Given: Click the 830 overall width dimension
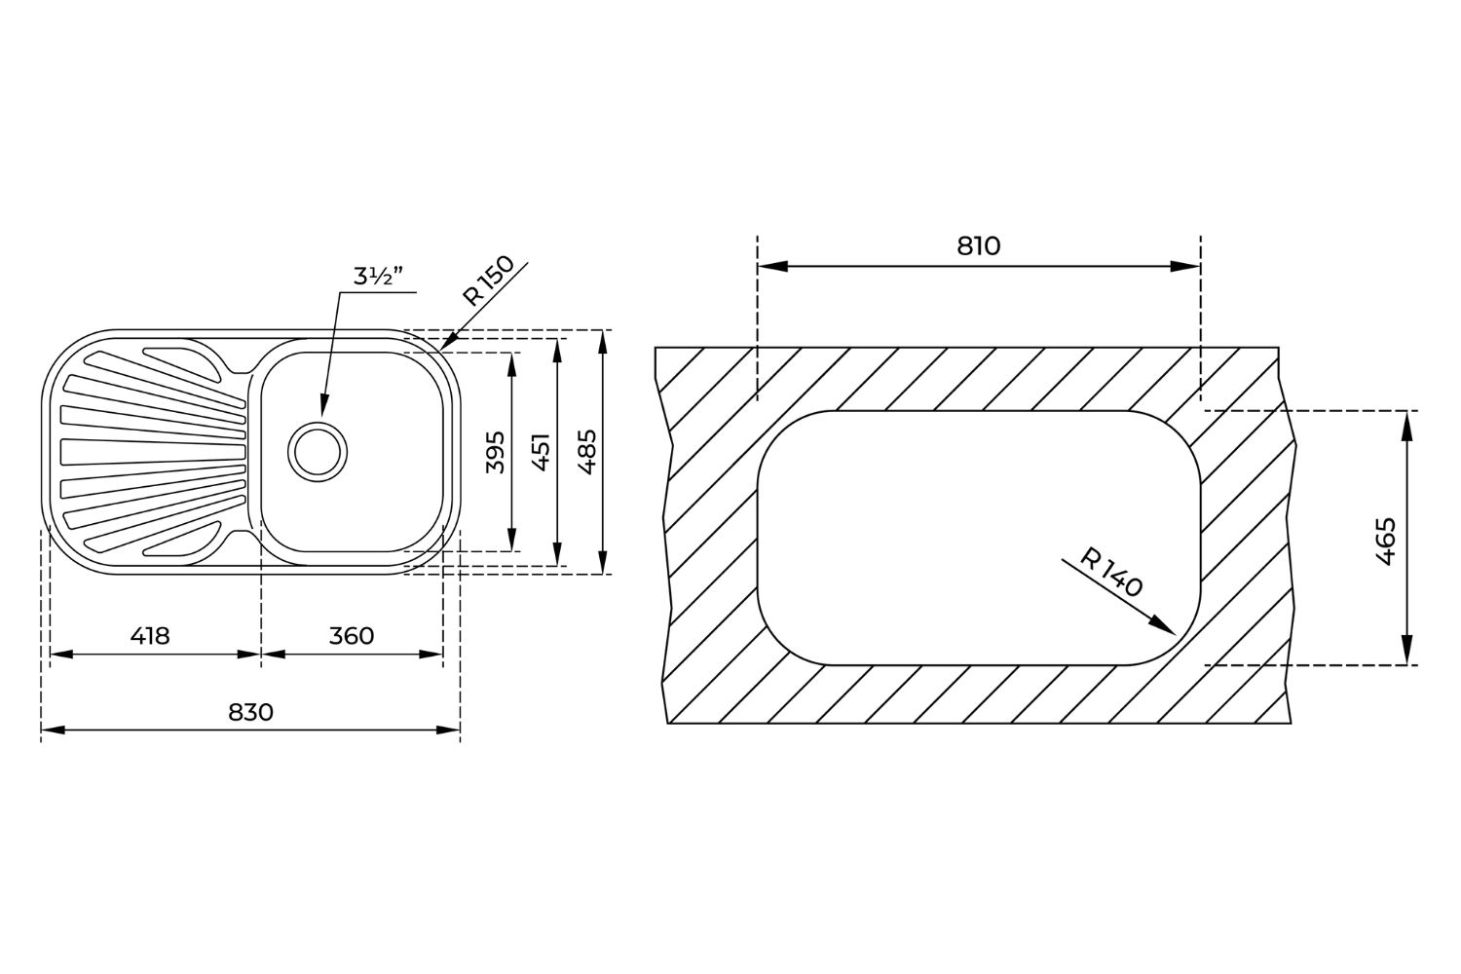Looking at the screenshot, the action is (x=250, y=712).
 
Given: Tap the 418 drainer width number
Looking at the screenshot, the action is (x=150, y=635).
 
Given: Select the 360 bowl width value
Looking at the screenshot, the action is (x=352, y=635).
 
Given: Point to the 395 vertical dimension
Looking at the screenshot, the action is (x=495, y=451).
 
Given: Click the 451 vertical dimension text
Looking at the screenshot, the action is (x=542, y=451).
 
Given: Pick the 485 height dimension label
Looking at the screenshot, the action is (x=587, y=451).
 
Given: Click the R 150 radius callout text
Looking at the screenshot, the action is (x=488, y=281).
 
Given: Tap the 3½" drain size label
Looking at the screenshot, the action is (x=378, y=277).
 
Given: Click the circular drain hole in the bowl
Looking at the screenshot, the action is (x=318, y=452).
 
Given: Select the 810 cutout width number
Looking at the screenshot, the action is (x=978, y=246).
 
